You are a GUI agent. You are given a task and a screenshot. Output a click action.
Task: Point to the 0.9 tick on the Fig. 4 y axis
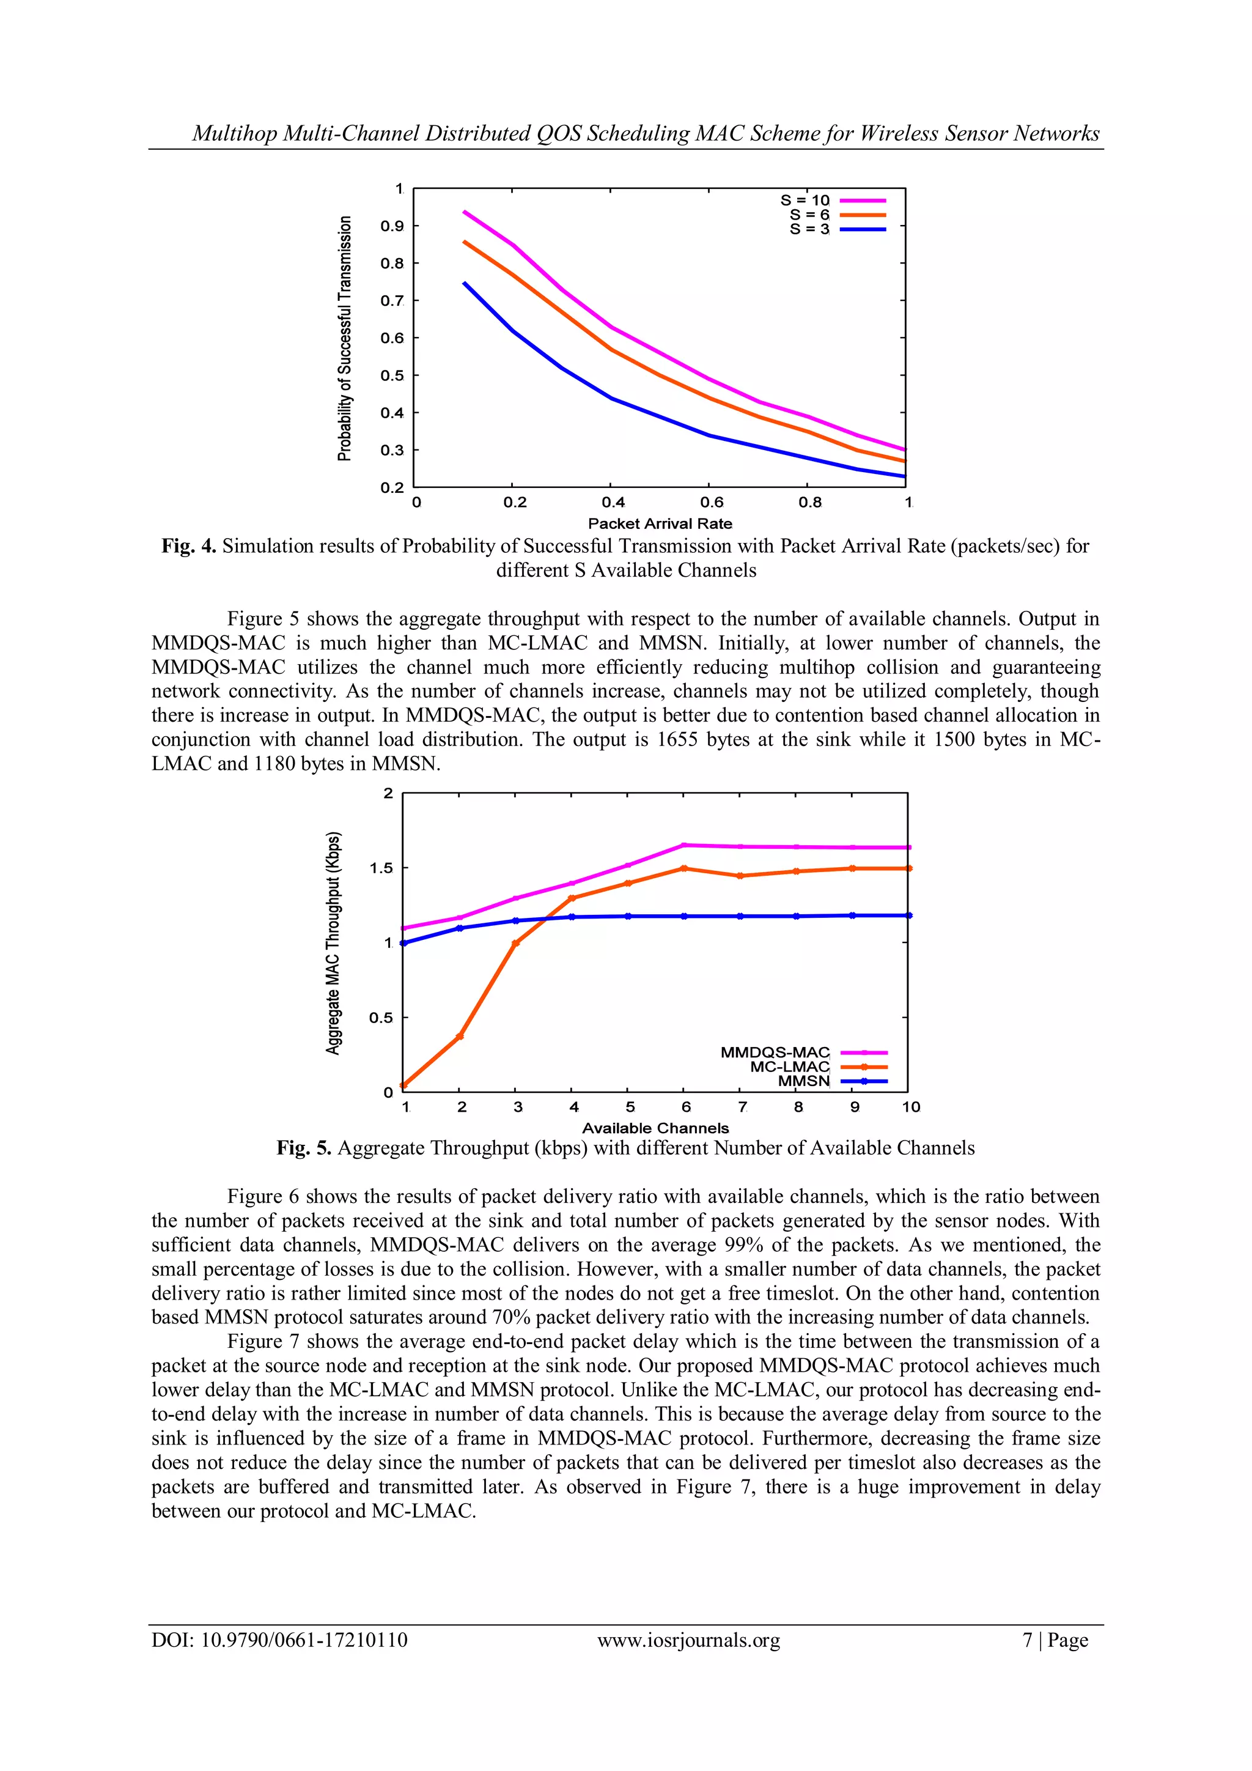392,226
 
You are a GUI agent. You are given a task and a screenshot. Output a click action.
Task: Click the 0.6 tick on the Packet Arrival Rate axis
712,503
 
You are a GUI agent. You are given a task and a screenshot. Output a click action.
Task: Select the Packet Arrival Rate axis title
660,523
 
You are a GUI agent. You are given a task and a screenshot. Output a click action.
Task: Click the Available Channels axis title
655,1128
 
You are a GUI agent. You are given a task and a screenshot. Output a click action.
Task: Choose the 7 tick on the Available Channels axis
742,1107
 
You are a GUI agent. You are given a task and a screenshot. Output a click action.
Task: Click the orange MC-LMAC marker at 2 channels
460,1037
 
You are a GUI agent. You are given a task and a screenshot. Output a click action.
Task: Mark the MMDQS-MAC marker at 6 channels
684,845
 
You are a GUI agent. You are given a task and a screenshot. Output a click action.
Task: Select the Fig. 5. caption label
304,1148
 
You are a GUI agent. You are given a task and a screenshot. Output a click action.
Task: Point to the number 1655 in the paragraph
676,740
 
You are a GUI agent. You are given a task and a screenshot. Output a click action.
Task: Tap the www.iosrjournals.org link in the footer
688,1641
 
